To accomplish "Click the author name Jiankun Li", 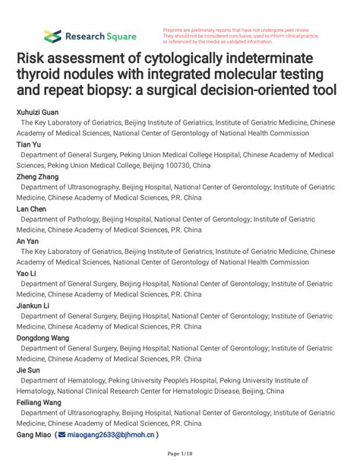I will click(34, 305).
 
